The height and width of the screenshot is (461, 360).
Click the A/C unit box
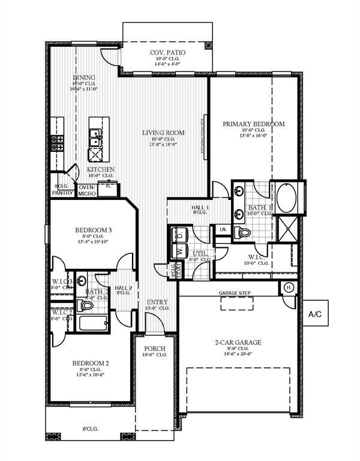315,313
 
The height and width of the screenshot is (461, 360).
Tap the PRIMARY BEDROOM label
254,124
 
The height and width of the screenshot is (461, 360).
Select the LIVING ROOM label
163,133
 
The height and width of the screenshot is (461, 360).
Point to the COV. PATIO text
167,53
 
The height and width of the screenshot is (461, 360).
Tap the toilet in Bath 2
88,306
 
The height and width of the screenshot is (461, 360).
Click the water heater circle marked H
287,287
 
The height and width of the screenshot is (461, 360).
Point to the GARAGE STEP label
235,293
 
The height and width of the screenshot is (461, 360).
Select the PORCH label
153,348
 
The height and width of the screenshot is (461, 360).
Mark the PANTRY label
62,193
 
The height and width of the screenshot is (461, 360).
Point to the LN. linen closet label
222,229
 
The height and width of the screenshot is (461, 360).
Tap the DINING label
84,77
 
